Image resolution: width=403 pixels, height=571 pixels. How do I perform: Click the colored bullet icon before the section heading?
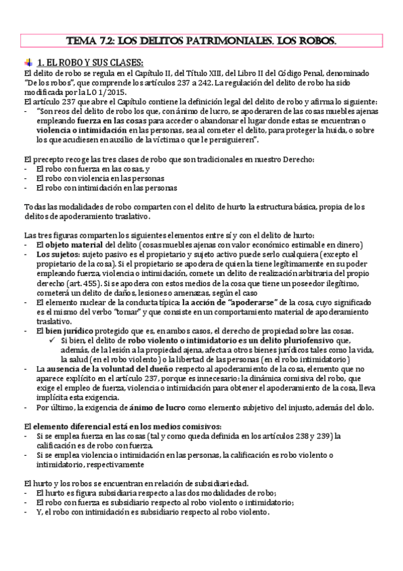28,61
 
